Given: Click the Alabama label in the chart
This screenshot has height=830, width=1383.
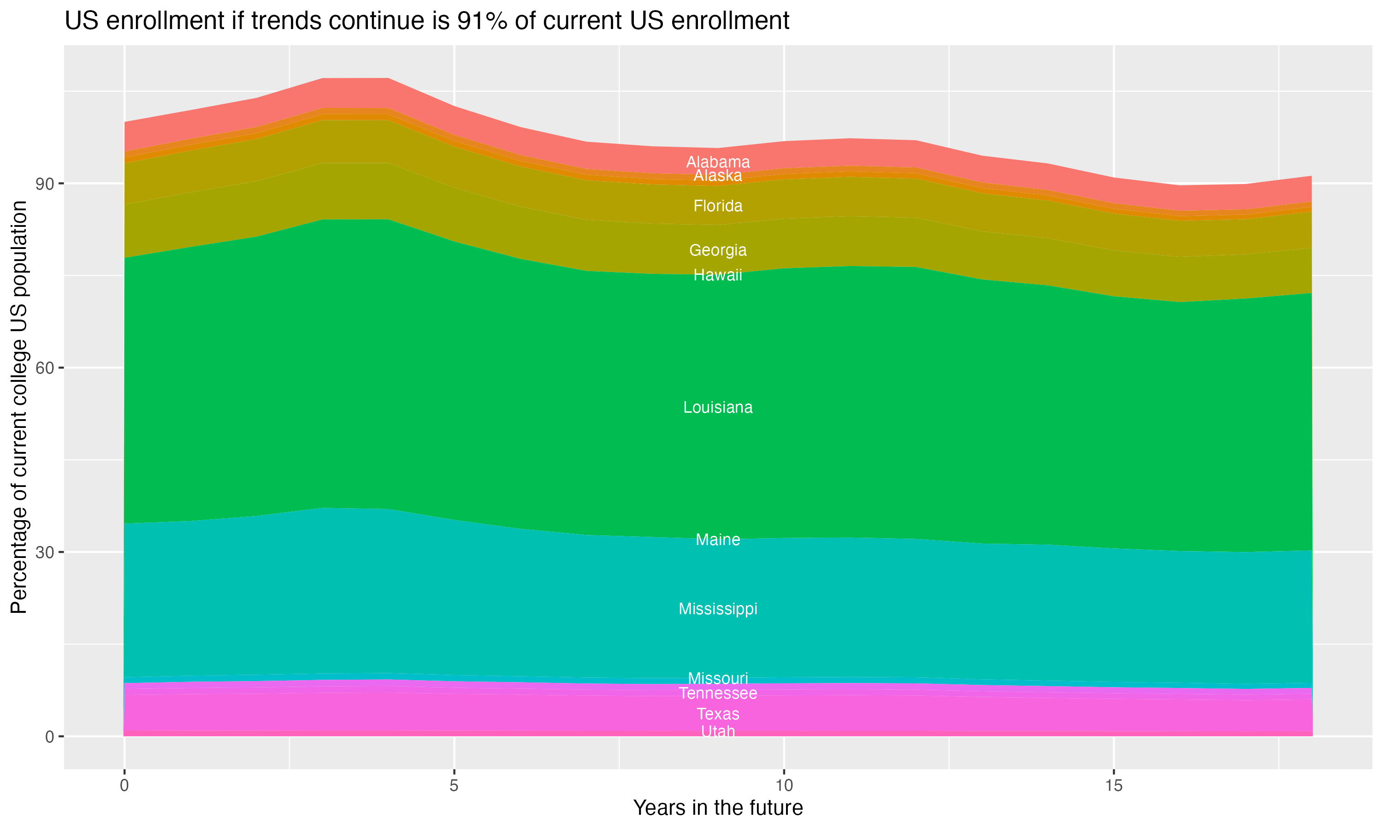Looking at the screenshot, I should pyautogui.click(x=718, y=162).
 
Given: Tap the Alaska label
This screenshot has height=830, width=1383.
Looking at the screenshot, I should pyautogui.click(x=718, y=176).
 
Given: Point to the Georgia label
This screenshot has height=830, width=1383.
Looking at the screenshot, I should pyautogui.click(x=718, y=250).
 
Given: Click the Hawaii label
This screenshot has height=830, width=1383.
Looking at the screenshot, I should pyautogui.click(x=718, y=275).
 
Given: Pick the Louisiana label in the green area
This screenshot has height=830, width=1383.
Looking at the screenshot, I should pyautogui.click(x=718, y=407).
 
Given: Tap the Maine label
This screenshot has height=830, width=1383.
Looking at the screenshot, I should pyautogui.click(x=718, y=539).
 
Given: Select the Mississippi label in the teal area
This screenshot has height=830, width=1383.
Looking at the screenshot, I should pyautogui.click(x=718, y=609).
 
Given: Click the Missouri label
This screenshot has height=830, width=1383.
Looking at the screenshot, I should pyautogui.click(x=718, y=678).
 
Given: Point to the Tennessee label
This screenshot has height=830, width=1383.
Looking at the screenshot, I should pyautogui.click(x=718, y=694).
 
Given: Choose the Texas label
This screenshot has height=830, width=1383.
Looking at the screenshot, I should pyautogui.click(x=718, y=714).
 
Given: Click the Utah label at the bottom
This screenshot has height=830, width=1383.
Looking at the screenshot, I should pyautogui.click(x=718, y=731).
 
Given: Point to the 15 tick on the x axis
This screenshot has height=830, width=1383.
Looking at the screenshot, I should pyautogui.click(x=1114, y=786).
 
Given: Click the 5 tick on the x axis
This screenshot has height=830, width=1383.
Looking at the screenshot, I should pyautogui.click(x=454, y=786).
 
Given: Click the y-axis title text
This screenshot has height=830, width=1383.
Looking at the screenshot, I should pyautogui.click(x=19, y=407).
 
